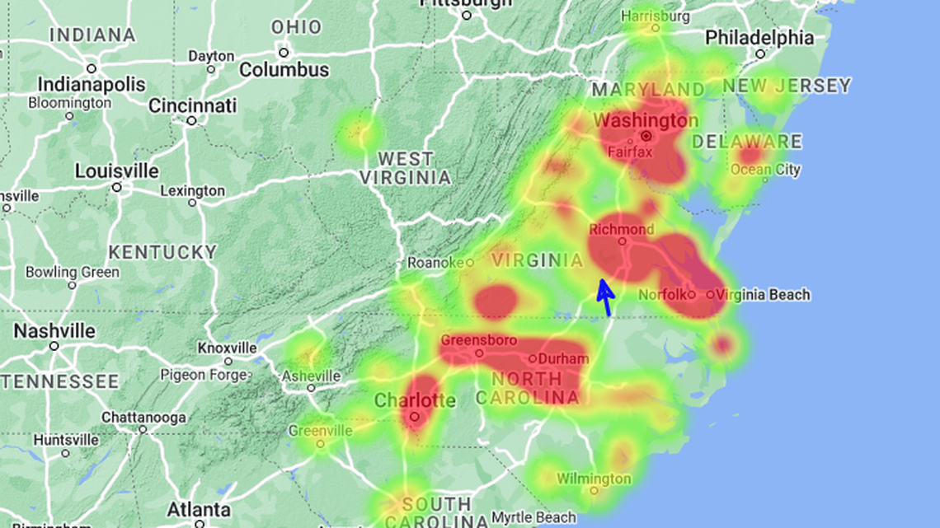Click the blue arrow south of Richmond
604,297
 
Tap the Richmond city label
622,230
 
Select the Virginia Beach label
763,295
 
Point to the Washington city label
646,120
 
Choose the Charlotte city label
415,401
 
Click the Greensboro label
479,340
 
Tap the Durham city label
564,359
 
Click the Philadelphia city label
759,38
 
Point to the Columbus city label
284,70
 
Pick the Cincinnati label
192,105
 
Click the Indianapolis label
91,85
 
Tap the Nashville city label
54,331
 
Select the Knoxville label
228,348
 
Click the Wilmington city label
594,479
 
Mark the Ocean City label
765,171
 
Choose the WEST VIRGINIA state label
405,168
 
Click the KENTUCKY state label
162,252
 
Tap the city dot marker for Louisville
117,188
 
